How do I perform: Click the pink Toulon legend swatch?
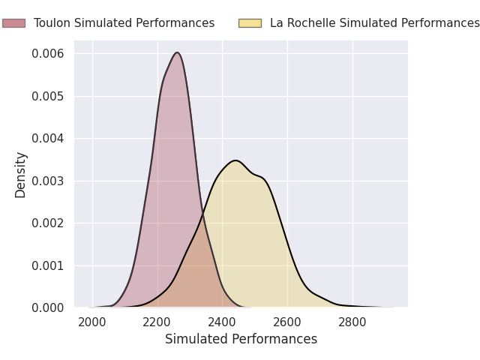13,23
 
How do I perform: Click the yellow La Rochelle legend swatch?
250,23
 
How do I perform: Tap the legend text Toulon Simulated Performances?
124,23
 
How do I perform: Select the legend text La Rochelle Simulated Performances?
375,23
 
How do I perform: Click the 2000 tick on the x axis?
92,322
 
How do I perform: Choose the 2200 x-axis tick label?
157,322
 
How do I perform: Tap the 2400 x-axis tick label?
222,322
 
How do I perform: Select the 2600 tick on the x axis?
287,322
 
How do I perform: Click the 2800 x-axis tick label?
352,322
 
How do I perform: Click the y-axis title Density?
20,175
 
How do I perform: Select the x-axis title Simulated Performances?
241,339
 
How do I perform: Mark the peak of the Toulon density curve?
177,52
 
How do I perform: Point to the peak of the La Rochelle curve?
235,160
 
